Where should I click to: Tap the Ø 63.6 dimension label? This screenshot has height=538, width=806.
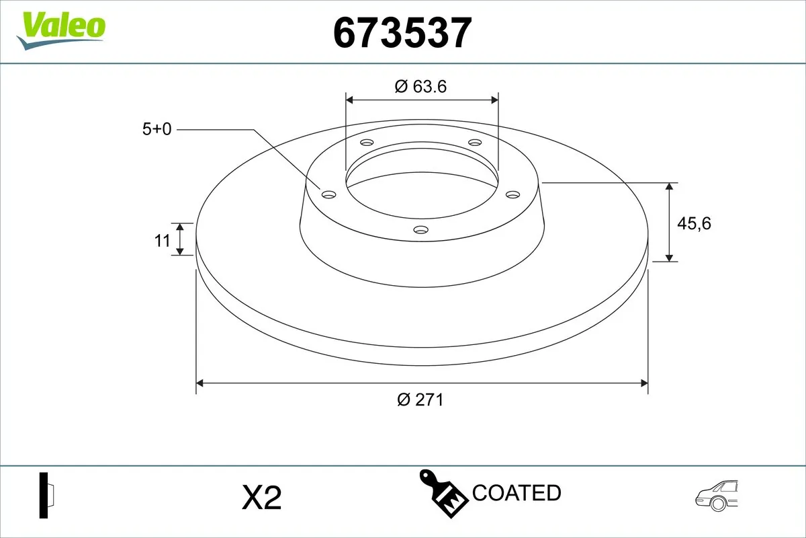(421, 86)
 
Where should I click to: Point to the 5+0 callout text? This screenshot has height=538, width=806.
(157, 129)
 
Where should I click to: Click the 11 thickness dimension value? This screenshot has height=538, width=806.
(163, 240)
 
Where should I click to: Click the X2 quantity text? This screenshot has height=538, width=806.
(261, 498)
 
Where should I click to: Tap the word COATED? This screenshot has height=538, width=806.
(517, 493)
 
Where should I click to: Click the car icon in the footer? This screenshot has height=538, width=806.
(717, 496)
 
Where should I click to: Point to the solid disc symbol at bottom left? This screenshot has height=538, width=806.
(46, 496)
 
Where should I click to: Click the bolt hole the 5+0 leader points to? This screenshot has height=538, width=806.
(328, 194)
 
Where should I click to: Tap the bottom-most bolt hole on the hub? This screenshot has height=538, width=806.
(421, 230)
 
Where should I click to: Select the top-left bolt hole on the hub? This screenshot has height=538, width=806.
(366, 143)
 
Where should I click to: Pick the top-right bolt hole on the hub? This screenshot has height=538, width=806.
(475, 143)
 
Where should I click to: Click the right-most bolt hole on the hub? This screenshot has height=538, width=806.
(512, 194)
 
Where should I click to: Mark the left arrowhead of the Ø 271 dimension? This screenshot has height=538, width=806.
(199, 383)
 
